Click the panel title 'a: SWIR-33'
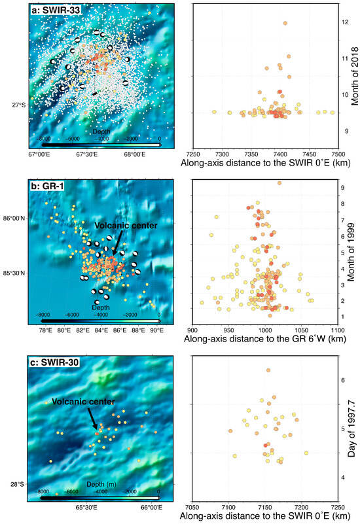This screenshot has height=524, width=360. point(58,11)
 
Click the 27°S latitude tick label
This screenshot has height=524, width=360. point(18,105)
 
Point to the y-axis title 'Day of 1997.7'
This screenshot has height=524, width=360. point(353,428)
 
